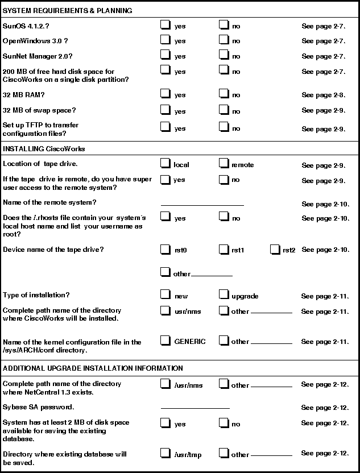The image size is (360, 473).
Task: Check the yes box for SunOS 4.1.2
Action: (x=165, y=24)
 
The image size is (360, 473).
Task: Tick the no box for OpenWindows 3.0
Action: (x=224, y=40)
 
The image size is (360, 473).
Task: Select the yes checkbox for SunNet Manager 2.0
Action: (x=165, y=55)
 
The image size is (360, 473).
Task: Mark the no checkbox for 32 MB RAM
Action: (x=224, y=94)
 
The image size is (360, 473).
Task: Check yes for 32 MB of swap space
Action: (x=165, y=109)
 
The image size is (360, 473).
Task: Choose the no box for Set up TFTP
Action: (x=224, y=127)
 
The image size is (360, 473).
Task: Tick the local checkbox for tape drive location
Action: (x=165, y=164)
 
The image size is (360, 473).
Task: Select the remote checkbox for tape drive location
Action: (x=224, y=164)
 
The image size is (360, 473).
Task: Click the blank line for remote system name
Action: (x=202, y=204)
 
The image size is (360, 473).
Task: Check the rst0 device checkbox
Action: (x=165, y=249)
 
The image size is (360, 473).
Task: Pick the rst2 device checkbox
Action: (x=275, y=249)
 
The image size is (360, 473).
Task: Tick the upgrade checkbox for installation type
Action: (x=224, y=294)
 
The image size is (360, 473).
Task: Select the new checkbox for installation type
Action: (x=165, y=294)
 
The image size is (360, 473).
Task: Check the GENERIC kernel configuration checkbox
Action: (x=165, y=341)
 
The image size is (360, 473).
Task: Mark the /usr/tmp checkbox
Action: (x=165, y=453)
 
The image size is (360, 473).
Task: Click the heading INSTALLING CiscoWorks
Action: (x=44, y=149)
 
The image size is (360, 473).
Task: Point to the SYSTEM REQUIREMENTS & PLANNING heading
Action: (x=67, y=10)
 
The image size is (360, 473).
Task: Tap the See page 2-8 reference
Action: (x=323, y=95)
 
